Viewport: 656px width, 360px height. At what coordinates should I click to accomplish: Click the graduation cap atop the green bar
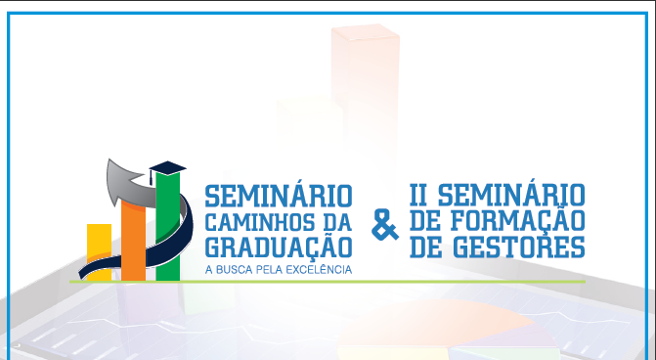[x=167, y=166]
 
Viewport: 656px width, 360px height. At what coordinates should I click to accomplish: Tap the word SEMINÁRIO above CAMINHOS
[x=277, y=190]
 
